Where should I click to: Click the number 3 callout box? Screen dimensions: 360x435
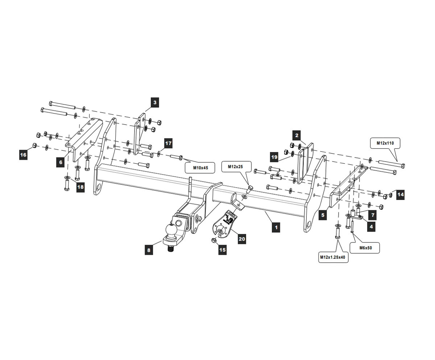tap(155, 103)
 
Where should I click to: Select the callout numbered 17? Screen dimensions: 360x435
tap(168, 143)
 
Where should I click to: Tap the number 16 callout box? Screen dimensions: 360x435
tap(23, 155)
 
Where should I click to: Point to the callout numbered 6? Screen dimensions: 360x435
tap(61, 162)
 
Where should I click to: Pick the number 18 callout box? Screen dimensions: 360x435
tap(80, 187)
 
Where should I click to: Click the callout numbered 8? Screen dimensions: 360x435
tap(149, 250)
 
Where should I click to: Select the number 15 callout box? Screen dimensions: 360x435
tap(222, 250)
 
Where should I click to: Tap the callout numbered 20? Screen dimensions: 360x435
tap(242, 239)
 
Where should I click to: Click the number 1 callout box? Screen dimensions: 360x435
tap(276, 228)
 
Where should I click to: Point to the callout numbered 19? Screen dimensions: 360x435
tap(274, 157)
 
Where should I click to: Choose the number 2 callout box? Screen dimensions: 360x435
tap(297, 136)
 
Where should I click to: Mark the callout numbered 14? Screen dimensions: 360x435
tap(400, 195)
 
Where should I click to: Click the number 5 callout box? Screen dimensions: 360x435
tap(323, 215)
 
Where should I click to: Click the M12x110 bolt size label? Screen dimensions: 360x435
tap(385, 143)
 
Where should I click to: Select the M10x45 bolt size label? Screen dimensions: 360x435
tap(200, 168)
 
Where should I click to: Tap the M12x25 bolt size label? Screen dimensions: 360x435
tap(236, 167)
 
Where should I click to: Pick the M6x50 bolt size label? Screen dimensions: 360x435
tap(364, 248)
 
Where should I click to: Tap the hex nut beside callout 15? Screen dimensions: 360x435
tap(214, 241)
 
